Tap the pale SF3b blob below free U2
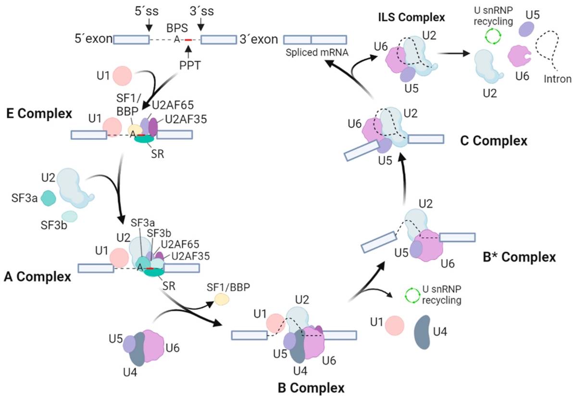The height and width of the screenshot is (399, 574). coord(69,217)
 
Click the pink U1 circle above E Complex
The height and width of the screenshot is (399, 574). coord(122,75)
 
